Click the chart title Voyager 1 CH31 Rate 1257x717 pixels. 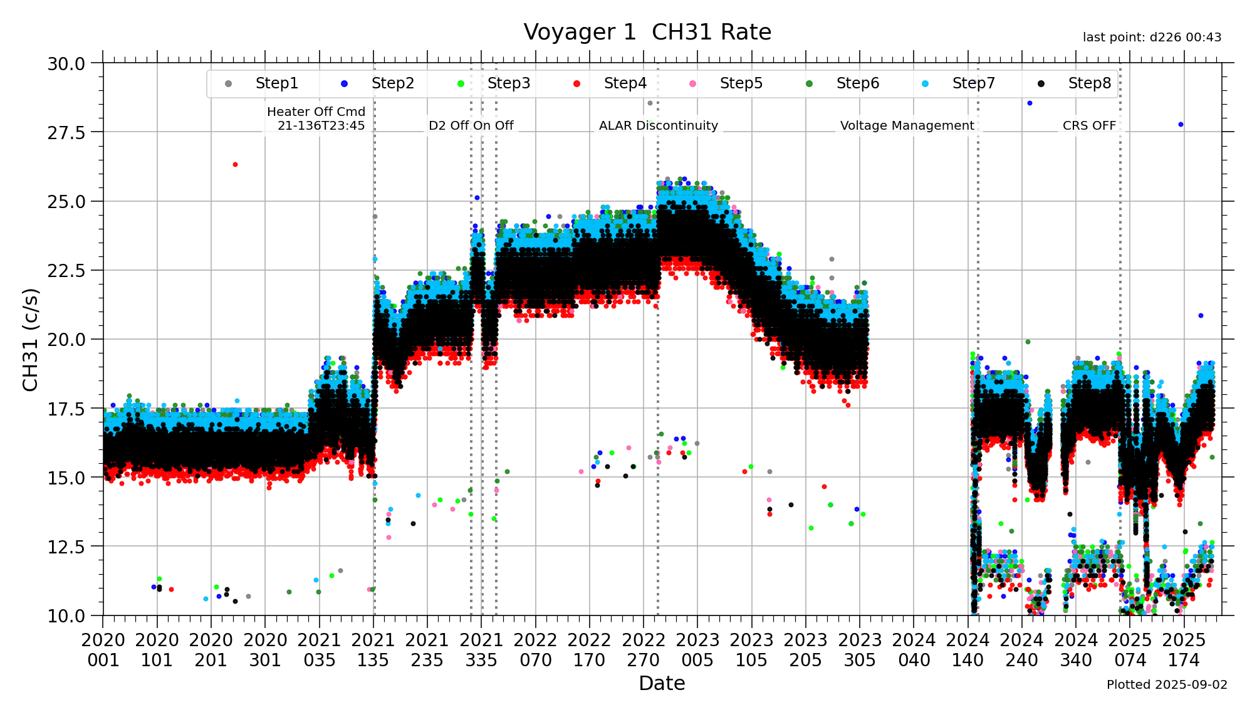coord(647,32)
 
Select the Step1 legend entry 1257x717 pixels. coord(276,83)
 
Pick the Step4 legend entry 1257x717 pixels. coord(625,83)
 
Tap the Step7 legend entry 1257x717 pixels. coord(973,83)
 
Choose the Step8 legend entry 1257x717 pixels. coord(1089,83)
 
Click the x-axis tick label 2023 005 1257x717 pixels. coord(697,650)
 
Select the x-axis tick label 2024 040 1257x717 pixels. coord(914,650)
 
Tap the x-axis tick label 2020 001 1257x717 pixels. coord(103,650)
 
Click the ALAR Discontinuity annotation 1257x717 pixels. coord(658,125)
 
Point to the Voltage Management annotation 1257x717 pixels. coord(907,125)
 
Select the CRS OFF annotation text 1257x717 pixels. coord(1089,125)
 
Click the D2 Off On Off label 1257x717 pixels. coord(471,125)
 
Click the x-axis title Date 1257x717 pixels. coord(662,683)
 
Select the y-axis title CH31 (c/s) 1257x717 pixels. coord(31,340)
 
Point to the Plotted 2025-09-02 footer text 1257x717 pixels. coord(1167,684)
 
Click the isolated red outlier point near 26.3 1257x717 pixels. coord(235,164)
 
